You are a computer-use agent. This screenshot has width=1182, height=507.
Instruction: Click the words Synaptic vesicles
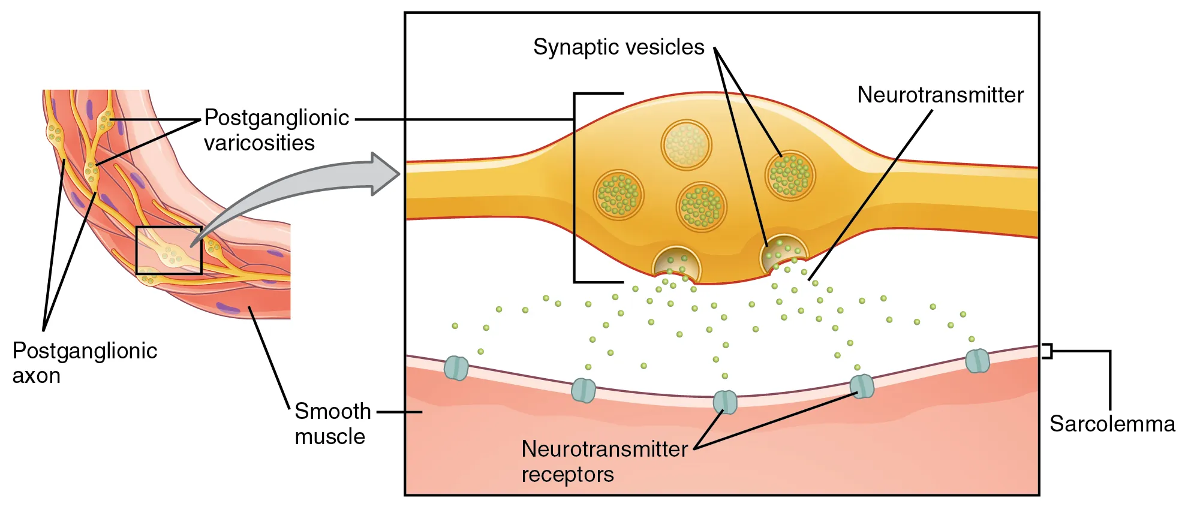click(x=618, y=47)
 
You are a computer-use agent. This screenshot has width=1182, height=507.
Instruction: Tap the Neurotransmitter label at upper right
click(x=940, y=95)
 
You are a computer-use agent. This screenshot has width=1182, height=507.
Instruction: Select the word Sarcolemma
click(x=1112, y=424)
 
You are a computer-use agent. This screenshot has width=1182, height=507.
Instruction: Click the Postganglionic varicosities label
click(x=276, y=130)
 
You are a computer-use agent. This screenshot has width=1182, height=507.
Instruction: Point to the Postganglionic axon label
click(x=84, y=363)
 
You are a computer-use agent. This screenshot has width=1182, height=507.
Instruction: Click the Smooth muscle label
click(x=332, y=424)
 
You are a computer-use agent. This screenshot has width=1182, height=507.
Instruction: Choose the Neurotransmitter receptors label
click(x=604, y=461)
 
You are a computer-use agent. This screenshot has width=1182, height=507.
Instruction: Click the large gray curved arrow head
click(x=384, y=174)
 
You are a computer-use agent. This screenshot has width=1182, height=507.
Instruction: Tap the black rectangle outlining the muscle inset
click(x=169, y=227)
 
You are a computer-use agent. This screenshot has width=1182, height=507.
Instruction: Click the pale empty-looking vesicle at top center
click(x=686, y=145)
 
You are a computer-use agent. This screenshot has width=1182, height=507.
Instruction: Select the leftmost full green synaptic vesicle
click(x=618, y=194)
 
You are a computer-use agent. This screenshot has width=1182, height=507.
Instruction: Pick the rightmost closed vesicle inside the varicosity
click(x=790, y=175)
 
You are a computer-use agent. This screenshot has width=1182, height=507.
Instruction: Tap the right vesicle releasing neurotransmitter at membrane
click(x=783, y=252)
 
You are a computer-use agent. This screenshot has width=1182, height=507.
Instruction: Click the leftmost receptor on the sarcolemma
click(x=456, y=367)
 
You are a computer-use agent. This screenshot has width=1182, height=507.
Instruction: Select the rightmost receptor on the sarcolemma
click(x=977, y=361)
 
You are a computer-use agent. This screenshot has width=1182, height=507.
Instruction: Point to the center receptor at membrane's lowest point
click(x=724, y=402)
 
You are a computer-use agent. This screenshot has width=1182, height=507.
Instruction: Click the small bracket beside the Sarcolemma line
click(x=1047, y=351)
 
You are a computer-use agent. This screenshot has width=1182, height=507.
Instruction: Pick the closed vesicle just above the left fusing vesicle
click(x=701, y=207)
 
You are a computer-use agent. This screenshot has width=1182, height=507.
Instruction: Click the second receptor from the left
click(x=583, y=390)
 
